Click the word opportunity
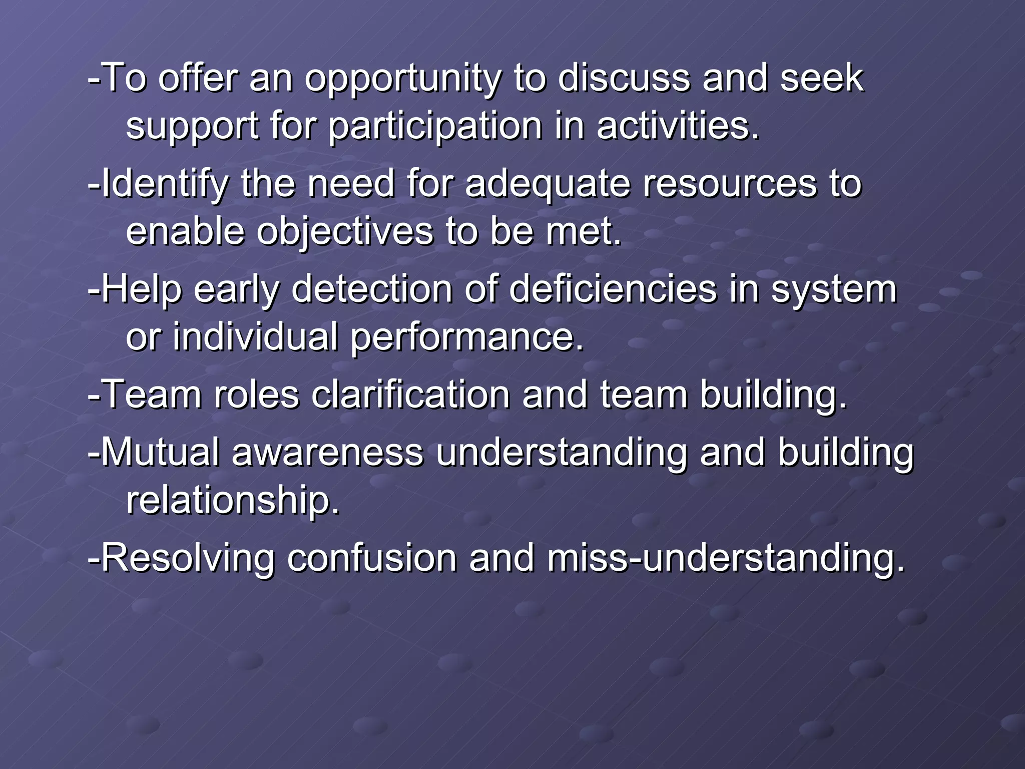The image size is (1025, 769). [402, 79]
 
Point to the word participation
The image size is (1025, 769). [435, 126]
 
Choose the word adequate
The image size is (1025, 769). [548, 184]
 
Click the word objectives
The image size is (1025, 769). [345, 232]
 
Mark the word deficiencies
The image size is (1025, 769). [613, 289]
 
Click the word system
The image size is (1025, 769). [833, 290]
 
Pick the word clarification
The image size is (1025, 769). [410, 395]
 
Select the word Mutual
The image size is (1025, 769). [160, 452]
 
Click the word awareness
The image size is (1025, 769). [327, 452]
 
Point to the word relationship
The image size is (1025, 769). [233, 500]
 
